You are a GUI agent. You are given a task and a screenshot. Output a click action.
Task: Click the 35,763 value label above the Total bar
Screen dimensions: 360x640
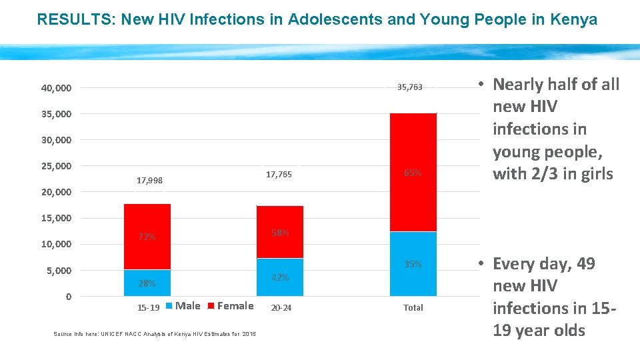point(409,87)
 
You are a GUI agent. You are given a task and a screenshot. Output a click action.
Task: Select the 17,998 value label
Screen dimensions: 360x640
point(149,181)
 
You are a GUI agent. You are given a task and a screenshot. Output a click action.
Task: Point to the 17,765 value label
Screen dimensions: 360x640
point(279,175)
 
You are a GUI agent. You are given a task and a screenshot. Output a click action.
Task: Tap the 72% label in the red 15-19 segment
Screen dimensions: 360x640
point(147,237)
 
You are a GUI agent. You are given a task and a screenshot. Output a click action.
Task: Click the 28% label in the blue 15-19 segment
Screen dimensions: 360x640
point(147,283)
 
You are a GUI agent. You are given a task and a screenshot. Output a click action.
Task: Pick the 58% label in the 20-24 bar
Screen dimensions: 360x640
point(280,233)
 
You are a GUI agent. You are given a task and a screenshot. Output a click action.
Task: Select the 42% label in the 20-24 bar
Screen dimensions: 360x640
point(280,277)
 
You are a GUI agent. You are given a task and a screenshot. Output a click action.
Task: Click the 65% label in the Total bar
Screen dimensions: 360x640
point(413,173)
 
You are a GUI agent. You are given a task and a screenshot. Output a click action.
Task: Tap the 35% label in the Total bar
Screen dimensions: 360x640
point(413,264)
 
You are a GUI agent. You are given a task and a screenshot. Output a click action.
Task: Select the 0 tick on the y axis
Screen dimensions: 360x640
point(69,297)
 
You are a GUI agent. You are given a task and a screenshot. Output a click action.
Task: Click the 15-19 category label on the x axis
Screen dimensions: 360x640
point(148,308)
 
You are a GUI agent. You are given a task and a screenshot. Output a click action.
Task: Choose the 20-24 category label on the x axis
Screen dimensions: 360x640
point(281,308)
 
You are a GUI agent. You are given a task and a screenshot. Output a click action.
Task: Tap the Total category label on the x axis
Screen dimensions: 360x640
point(413,308)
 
